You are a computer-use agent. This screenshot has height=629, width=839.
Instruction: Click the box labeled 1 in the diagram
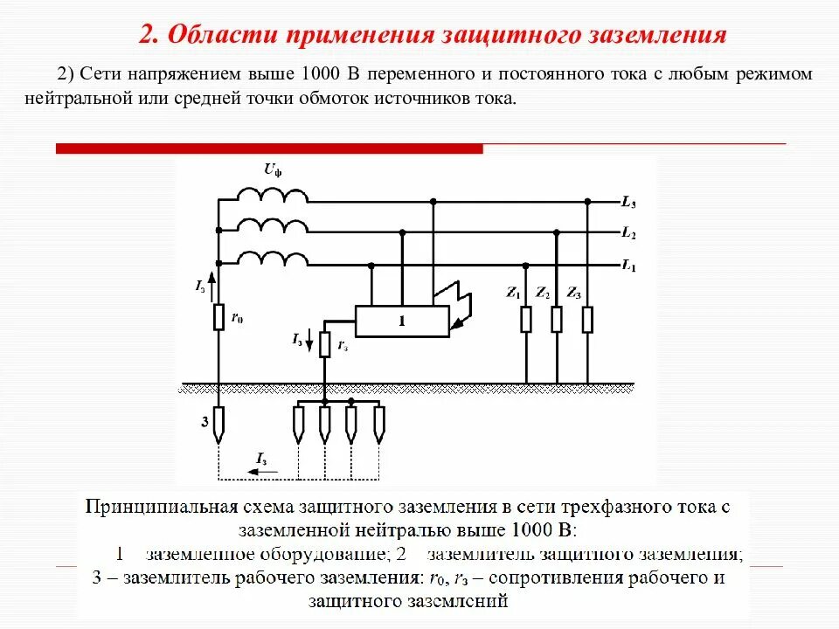point(402,321)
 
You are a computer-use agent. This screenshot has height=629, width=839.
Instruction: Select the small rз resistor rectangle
point(324,345)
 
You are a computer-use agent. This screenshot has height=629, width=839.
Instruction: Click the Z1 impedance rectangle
point(526,320)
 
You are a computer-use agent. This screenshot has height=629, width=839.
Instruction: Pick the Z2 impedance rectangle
point(557,320)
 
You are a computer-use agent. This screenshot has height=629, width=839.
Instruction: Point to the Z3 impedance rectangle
point(587,320)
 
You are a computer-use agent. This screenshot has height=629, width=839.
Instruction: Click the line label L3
point(628,203)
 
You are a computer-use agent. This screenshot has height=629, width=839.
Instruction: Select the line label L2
point(628,234)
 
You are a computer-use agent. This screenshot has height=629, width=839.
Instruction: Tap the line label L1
point(628,265)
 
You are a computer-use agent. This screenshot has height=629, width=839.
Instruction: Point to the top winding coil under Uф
point(273,196)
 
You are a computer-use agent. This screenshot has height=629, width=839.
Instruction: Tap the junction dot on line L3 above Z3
point(587,202)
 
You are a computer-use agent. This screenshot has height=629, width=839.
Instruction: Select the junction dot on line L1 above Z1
point(526,264)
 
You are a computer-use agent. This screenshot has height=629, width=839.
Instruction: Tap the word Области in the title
point(218,35)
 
